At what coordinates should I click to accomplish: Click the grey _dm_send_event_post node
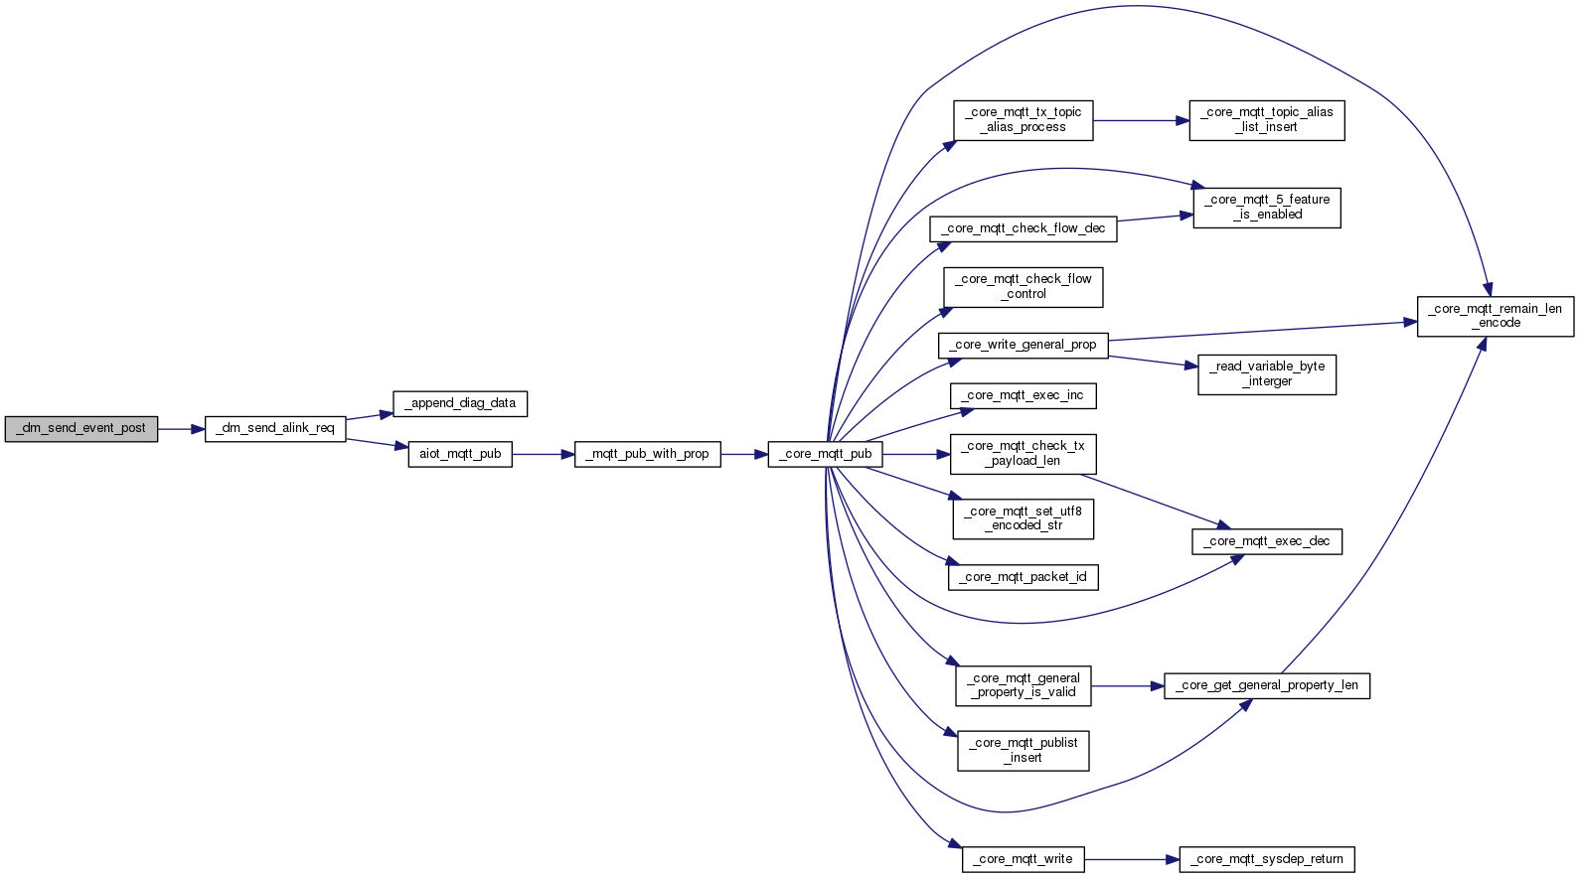pos(81,429)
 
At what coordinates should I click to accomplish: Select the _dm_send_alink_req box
pos(275,429)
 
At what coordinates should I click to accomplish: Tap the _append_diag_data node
pos(460,403)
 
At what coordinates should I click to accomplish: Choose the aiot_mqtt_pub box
pos(460,454)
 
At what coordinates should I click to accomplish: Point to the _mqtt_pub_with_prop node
pos(647,454)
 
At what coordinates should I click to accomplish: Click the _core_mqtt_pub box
pos(825,454)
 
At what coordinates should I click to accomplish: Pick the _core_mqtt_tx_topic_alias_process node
pos(1023,120)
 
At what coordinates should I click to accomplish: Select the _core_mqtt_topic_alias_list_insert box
pos(1267,120)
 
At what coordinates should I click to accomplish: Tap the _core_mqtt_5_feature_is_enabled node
pos(1267,208)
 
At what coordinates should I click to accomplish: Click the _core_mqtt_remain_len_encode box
pos(1495,316)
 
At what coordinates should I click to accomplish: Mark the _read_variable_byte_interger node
pos(1267,374)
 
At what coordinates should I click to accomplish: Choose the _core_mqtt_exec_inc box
pos(1024,395)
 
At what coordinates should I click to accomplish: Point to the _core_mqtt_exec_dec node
pos(1267,541)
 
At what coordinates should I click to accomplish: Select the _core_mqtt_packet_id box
pos(1024,577)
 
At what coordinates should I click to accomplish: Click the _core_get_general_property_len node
pos(1267,685)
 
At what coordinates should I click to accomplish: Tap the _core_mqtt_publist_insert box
pos(1024,750)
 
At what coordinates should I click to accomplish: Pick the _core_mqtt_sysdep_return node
pos(1267,859)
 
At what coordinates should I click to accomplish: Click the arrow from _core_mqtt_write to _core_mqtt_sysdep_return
pos(1132,859)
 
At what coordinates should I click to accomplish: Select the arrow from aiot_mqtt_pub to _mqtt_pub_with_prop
pos(543,454)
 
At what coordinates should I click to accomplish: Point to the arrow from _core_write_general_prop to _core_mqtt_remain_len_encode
pos(1262,331)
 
